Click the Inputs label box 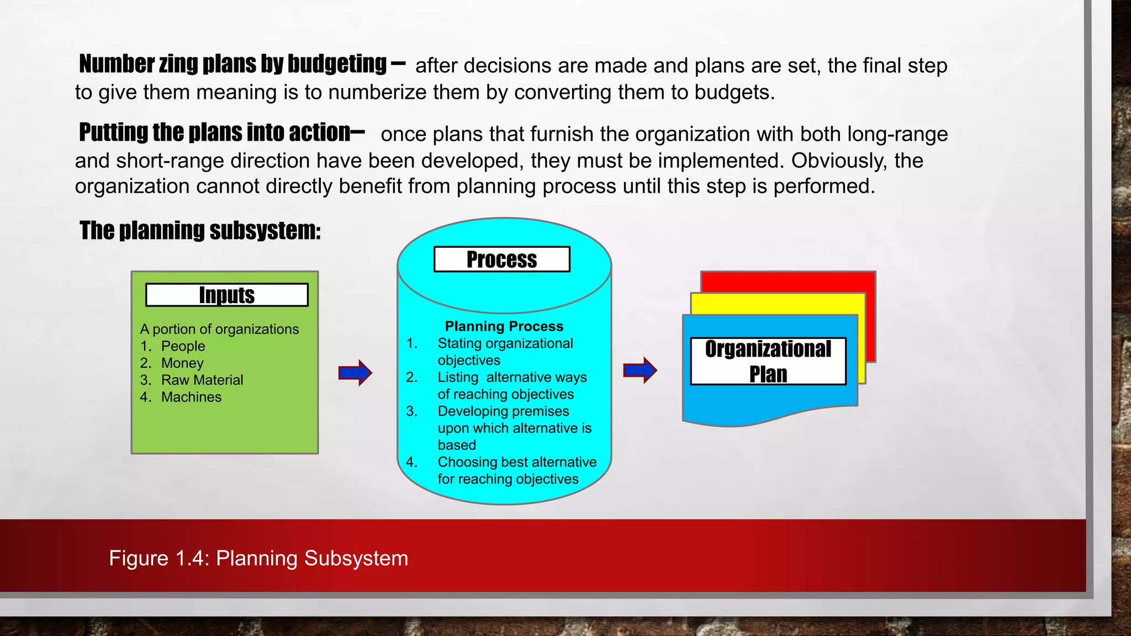click(x=226, y=295)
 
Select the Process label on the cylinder click(x=501, y=259)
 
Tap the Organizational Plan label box click(x=768, y=361)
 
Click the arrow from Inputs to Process click(x=355, y=373)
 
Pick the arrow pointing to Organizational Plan click(x=640, y=370)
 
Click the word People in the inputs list click(x=183, y=346)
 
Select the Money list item click(x=182, y=363)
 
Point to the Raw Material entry click(x=202, y=380)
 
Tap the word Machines click(x=191, y=397)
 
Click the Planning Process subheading click(x=504, y=326)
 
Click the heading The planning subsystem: click(x=200, y=231)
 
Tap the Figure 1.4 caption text click(x=258, y=558)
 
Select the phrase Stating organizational click(x=505, y=343)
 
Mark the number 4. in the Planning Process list click(x=411, y=462)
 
